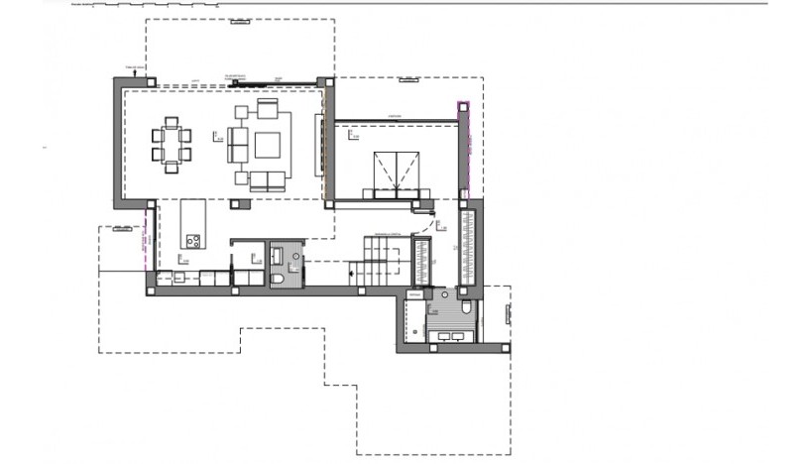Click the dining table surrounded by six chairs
[174, 145]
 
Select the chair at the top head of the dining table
[174, 122]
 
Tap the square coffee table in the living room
[269, 145]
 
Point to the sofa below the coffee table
[266, 179]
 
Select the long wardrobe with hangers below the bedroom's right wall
[469, 245]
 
